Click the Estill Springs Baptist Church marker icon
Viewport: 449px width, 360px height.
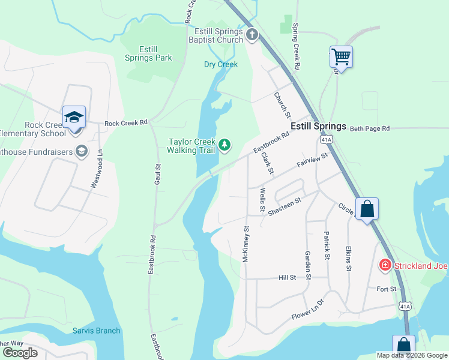click(x=252, y=35)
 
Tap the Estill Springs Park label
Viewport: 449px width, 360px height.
click(x=148, y=53)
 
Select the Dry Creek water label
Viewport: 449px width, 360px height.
click(x=221, y=64)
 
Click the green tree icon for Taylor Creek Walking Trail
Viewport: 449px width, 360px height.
click(x=224, y=145)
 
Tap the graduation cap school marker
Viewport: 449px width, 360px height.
click(x=74, y=116)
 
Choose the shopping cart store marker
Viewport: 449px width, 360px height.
click(x=341, y=57)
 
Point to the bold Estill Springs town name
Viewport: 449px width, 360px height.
click(x=318, y=127)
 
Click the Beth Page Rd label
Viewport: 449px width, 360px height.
click(x=370, y=128)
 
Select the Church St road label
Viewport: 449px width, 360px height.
click(x=282, y=104)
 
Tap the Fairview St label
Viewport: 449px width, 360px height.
click(x=313, y=161)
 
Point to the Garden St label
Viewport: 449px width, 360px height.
click(x=307, y=265)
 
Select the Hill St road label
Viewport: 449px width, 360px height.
click(x=288, y=278)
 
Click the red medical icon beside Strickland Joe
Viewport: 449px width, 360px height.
click(x=385, y=265)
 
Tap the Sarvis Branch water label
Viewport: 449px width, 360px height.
click(x=97, y=331)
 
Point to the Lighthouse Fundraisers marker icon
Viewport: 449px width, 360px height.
click(x=80, y=151)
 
